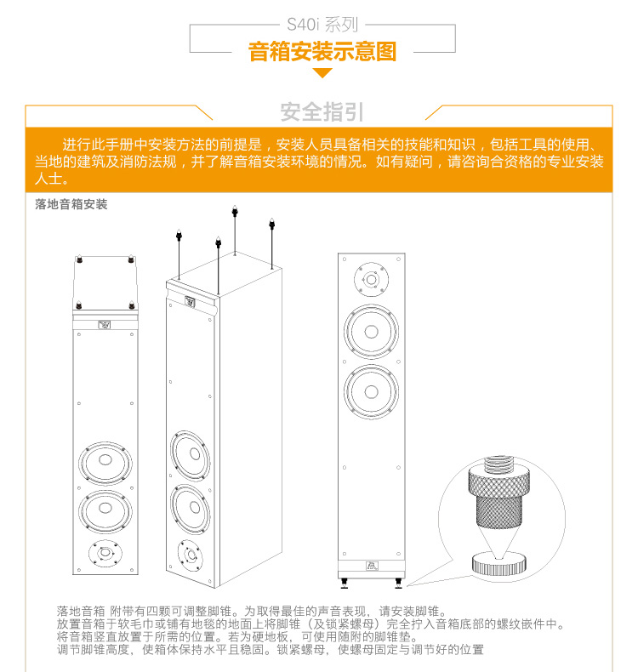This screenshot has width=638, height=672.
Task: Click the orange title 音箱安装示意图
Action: [322, 51]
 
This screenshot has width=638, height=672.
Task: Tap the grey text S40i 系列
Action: [322, 25]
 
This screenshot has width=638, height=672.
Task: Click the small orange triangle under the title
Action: [322, 73]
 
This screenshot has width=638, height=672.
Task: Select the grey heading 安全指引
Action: [322, 111]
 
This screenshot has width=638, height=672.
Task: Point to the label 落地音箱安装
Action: [71, 204]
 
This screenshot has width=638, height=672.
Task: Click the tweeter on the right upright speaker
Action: [371, 280]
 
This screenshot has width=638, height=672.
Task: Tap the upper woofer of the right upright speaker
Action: [371, 331]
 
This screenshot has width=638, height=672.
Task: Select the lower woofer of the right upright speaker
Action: [371, 391]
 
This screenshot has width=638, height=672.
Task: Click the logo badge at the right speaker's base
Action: [372, 566]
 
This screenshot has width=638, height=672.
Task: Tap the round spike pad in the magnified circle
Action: [498, 565]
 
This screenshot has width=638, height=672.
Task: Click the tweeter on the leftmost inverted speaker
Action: [105, 553]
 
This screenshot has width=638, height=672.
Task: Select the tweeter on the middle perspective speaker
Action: [190, 555]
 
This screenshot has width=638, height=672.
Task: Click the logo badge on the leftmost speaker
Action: [105, 325]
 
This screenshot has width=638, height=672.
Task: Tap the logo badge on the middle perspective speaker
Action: [190, 302]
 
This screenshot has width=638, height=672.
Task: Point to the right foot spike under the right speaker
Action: [398, 584]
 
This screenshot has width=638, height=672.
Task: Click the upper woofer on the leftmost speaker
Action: [105, 461]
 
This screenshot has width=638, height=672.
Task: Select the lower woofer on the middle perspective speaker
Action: [191, 509]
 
